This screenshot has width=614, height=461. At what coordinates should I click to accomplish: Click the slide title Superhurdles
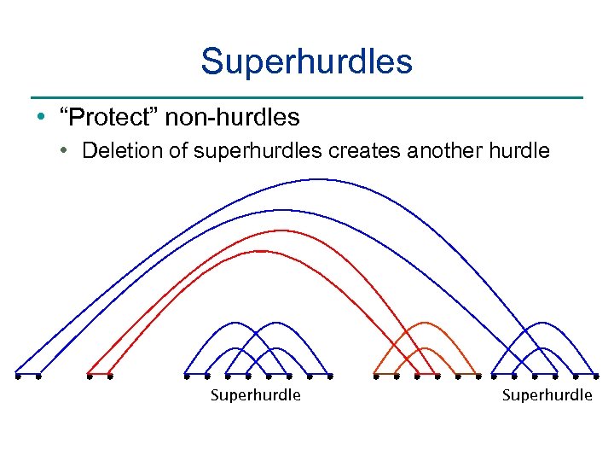click(307, 61)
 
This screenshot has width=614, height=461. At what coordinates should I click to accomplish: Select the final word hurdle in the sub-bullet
click(519, 151)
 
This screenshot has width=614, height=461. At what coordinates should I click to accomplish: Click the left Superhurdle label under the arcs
click(256, 394)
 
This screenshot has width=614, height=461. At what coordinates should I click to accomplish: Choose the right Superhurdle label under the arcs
click(547, 394)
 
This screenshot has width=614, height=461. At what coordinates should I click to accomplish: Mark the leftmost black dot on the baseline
click(17, 375)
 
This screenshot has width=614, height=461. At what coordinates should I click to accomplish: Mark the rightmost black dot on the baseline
click(597, 375)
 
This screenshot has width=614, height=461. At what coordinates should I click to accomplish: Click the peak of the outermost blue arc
click(317, 179)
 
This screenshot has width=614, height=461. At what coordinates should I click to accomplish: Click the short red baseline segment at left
click(99, 375)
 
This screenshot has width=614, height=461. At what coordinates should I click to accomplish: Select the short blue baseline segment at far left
click(27, 375)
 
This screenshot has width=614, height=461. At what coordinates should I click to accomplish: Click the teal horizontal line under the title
click(307, 97)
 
